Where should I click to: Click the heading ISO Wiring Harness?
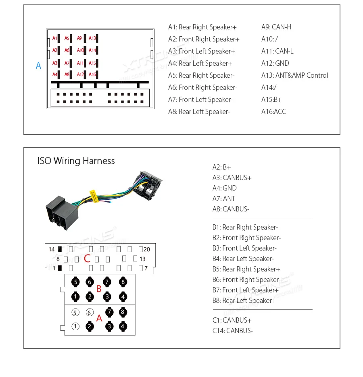click(x=76, y=161)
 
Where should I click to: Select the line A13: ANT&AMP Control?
click(x=294, y=75)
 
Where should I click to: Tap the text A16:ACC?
click(x=273, y=112)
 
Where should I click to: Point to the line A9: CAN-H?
click(x=276, y=27)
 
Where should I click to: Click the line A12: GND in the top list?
click(x=275, y=63)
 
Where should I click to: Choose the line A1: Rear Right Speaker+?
click(x=202, y=27)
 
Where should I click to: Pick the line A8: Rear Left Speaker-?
click(x=199, y=112)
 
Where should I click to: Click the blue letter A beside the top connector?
click(x=38, y=66)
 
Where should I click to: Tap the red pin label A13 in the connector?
click(x=92, y=38)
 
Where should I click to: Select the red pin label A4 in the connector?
click(x=55, y=75)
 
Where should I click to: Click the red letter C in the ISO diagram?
click(x=87, y=259)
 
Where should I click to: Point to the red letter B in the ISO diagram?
click(x=99, y=289)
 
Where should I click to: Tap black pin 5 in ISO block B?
click(x=76, y=282)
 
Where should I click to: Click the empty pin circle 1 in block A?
click(x=75, y=327)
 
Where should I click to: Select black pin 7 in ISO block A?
click(x=109, y=312)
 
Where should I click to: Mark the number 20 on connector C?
click(x=146, y=249)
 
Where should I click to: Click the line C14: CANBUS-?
click(x=232, y=331)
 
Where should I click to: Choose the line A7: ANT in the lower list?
click(x=223, y=199)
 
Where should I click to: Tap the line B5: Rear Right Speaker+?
click(x=246, y=269)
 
